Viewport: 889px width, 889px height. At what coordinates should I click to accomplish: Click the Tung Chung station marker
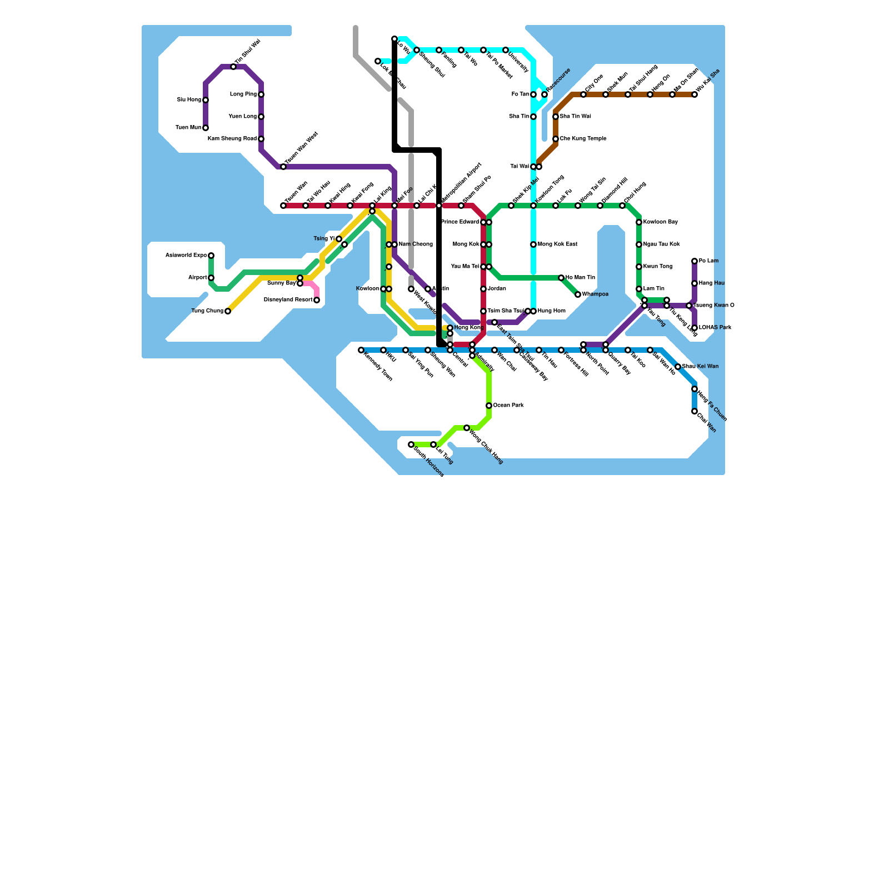pos(228,311)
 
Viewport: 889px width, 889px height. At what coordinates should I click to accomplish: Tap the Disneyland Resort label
pos(288,300)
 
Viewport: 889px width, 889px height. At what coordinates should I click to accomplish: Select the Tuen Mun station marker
pos(206,128)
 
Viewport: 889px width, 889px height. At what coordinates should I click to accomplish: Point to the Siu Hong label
pos(189,100)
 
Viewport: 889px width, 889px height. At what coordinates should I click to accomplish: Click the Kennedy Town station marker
pos(361,350)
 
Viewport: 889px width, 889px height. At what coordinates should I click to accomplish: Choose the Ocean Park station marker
pos(489,406)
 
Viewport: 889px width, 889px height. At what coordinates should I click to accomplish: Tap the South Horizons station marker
pos(411,444)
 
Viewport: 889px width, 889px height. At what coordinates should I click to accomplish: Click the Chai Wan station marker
pos(695,411)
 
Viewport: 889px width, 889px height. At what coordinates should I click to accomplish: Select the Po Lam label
pos(708,261)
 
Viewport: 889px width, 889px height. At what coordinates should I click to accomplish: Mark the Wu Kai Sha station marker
pos(695,94)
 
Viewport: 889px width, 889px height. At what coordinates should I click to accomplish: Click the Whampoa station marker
pos(578,294)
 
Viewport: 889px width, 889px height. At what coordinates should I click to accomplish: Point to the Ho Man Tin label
pos(580,278)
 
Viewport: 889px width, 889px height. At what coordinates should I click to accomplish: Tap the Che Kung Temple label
pos(583,139)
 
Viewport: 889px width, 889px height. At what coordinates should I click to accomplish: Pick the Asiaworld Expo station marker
pos(211,256)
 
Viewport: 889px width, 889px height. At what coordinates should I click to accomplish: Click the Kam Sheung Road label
pos(232,139)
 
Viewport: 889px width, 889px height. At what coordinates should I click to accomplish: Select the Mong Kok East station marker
pos(533,244)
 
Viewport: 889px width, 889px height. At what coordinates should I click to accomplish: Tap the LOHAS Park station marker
pos(695,328)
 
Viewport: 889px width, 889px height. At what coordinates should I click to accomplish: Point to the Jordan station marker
pos(483,289)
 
